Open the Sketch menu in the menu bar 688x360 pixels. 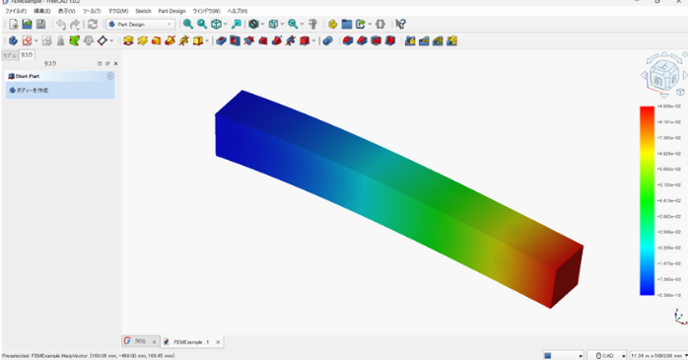pyautogui.click(x=143, y=11)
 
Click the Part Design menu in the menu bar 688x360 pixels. pyautogui.click(x=172, y=11)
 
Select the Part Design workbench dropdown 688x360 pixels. pyautogui.click(x=140, y=24)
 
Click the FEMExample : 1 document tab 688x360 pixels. pyautogui.click(x=191, y=342)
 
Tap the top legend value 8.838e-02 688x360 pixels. pyautogui.click(x=669, y=106)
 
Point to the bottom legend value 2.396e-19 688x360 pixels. pyautogui.click(x=669, y=295)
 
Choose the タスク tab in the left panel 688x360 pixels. pyautogui.click(x=27, y=55)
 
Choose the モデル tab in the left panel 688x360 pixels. pyautogui.click(x=9, y=55)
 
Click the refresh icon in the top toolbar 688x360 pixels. pyautogui.click(x=93, y=24)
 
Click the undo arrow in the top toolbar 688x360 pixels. pyautogui.click(x=60, y=24)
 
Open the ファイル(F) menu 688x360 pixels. pyautogui.click(x=15, y=11)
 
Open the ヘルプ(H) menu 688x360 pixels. pyautogui.click(x=238, y=11)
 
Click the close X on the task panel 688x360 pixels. pyautogui.click(x=115, y=63)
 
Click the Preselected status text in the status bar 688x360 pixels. pyautogui.click(x=89, y=355)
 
